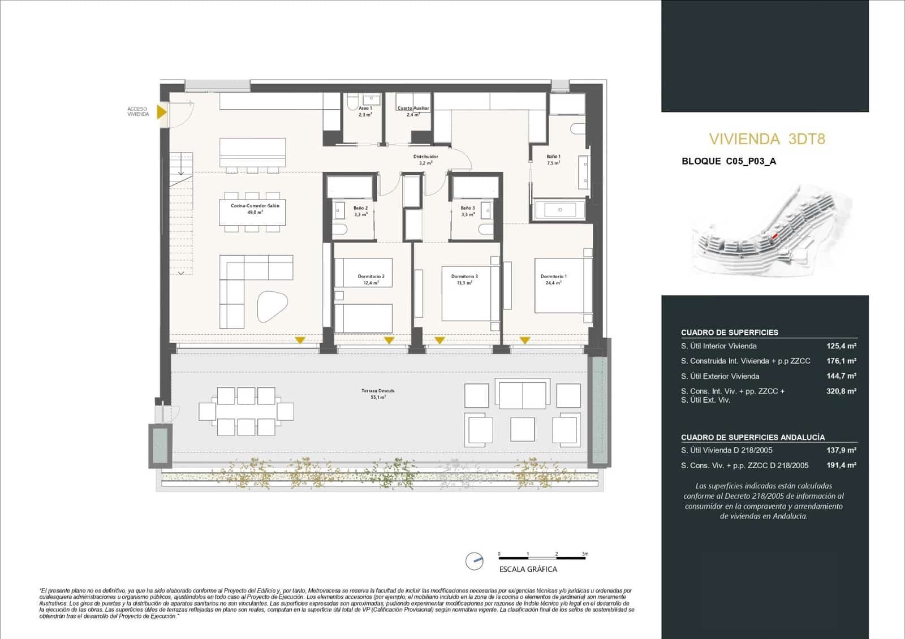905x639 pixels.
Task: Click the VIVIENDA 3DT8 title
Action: [767, 139]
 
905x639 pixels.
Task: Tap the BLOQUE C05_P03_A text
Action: [729, 161]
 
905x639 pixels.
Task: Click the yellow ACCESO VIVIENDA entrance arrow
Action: [162, 112]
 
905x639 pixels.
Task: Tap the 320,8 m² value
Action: [841, 391]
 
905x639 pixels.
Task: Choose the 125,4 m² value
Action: [841, 346]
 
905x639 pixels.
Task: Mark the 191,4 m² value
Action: [841, 465]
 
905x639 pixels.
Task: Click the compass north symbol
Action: [474, 561]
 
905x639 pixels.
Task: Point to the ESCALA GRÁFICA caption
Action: [528, 569]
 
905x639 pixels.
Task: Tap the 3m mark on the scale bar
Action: [585, 554]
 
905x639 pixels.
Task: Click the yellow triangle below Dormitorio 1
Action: [525, 340]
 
